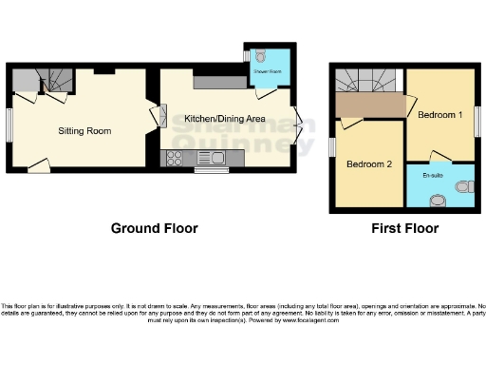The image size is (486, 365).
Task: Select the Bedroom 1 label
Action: (x=440, y=115)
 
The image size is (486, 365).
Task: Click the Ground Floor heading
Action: (x=154, y=228)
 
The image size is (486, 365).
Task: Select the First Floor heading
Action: (x=405, y=228)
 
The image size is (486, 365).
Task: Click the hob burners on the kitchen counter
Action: (x=177, y=158)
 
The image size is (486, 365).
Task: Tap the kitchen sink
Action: (x=215, y=158)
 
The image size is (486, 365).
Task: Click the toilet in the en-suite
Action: (x=463, y=185)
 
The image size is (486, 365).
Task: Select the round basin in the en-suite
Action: (x=437, y=201)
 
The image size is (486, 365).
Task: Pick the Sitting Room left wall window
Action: (x=10, y=123)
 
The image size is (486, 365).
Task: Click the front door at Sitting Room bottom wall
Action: (x=38, y=167)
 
